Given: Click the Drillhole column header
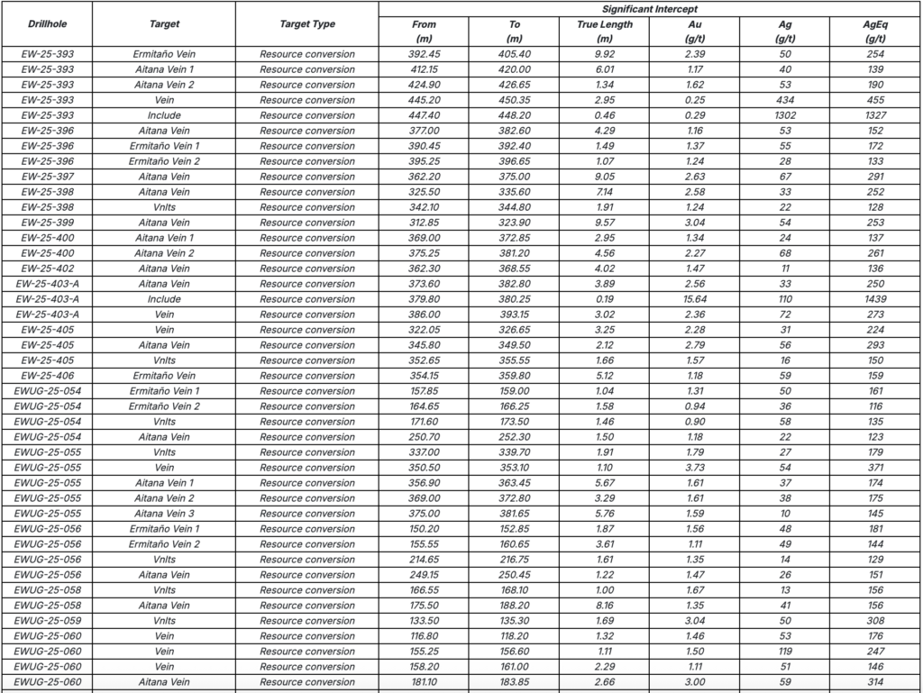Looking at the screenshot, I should (x=48, y=24).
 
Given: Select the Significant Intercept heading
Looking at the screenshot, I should (x=649, y=9).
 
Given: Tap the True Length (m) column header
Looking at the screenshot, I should (x=604, y=32).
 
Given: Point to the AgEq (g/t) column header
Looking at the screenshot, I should (x=874, y=32).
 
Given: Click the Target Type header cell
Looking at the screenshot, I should (x=307, y=24).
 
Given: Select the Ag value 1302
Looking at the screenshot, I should (x=784, y=115).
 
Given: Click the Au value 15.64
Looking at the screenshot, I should (x=694, y=299).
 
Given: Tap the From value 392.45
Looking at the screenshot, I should (x=424, y=54).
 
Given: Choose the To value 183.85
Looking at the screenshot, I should (x=514, y=682).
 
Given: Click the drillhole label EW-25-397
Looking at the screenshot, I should (x=48, y=177).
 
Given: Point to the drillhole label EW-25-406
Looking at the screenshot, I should (x=48, y=376).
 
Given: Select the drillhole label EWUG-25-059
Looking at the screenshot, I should (x=48, y=621).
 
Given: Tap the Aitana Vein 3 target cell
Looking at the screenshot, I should (x=164, y=514).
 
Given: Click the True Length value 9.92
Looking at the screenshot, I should (x=604, y=54).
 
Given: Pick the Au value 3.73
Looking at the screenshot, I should (x=694, y=468).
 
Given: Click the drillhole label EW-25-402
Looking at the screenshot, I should (x=48, y=269).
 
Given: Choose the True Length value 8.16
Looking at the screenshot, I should (x=604, y=606).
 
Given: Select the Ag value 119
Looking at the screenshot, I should (x=784, y=652).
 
